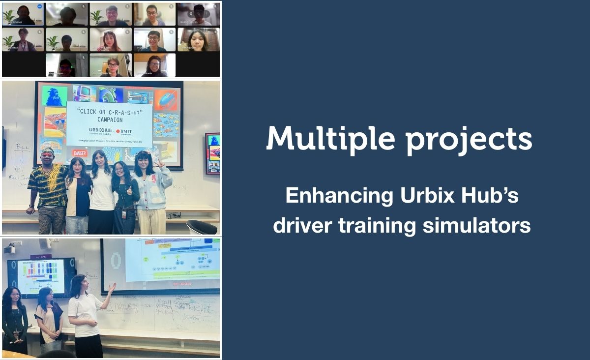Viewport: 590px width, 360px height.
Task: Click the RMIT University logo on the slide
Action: point(124,132)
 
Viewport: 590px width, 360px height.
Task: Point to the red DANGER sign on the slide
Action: point(79,153)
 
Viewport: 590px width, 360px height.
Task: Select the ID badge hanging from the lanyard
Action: point(123,214)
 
